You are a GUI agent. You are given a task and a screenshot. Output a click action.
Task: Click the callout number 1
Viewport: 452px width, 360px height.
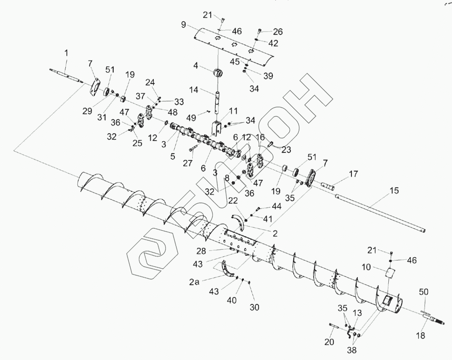(66, 53)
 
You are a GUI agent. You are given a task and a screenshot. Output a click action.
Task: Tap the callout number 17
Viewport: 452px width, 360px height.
(353, 174)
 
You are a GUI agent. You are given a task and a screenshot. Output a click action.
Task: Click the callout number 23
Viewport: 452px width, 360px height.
(286, 149)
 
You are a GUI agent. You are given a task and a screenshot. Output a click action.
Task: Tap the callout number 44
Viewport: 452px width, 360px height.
(276, 206)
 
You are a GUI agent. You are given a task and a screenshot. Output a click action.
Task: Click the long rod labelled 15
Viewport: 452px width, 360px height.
(377, 213)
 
